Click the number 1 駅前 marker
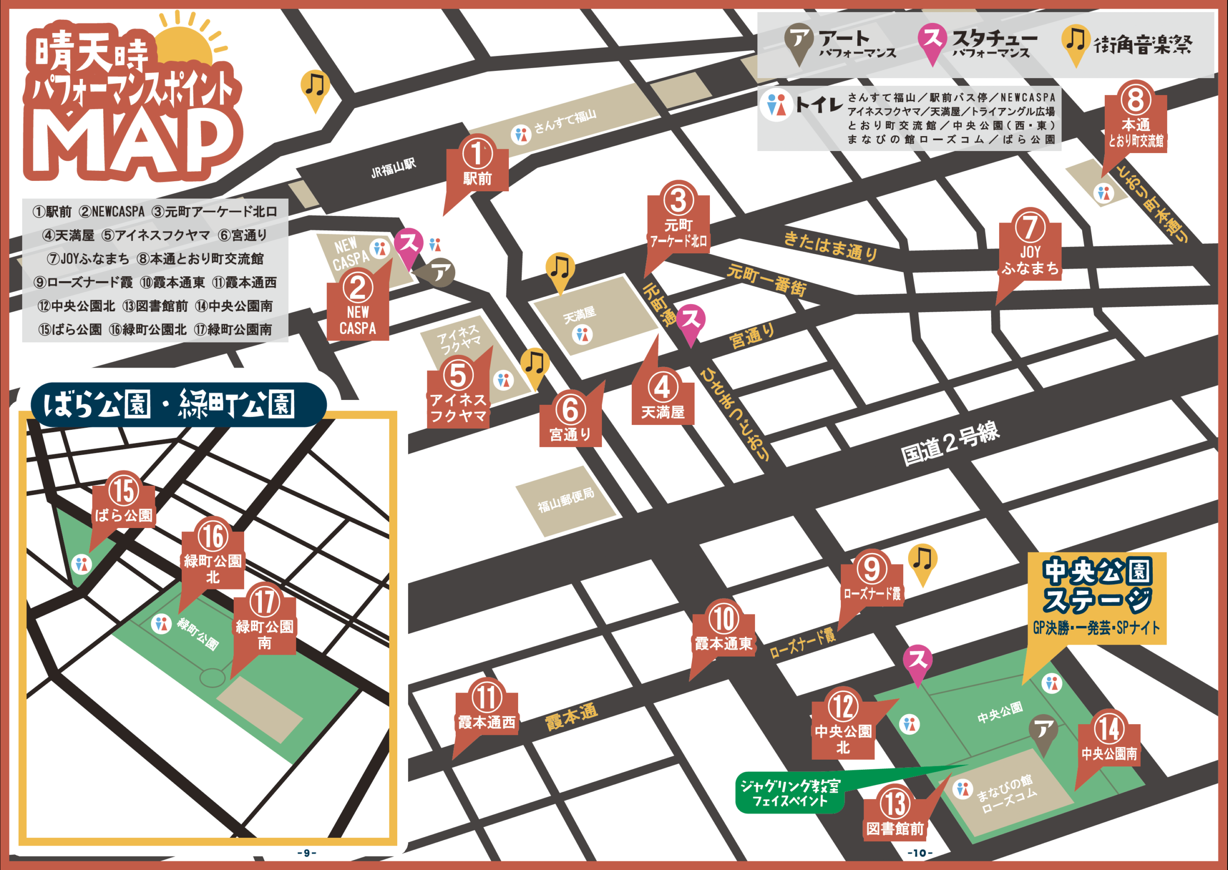pos(477,164)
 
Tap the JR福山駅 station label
pos(393,168)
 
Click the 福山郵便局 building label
pos(566,500)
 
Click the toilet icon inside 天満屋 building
pos(582,335)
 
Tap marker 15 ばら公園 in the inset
pos(124,500)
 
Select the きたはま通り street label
pos(830,246)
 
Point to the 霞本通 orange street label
pos(571,717)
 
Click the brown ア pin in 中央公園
pos(1043,731)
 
